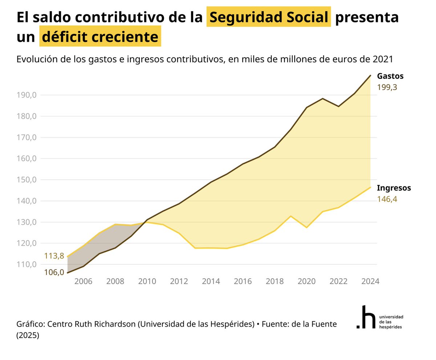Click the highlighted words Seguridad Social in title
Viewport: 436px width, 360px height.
[269, 17]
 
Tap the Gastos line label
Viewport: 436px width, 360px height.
[390, 76]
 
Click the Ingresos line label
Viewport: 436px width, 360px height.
[394, 188]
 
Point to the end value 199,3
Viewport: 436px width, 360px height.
[387, 88]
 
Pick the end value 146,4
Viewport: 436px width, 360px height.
[387, 199]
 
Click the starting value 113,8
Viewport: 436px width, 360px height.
[54, 256]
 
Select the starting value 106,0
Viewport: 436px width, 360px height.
[54, 272]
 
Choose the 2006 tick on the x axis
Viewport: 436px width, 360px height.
[83, 282]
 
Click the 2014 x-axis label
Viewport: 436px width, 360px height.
[211, 282]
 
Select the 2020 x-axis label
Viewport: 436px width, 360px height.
[307, 282]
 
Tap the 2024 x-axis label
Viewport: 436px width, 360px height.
[370, 282]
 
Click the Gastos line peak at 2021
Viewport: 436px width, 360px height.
[323, 98]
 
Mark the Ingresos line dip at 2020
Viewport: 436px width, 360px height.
[307, 227]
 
